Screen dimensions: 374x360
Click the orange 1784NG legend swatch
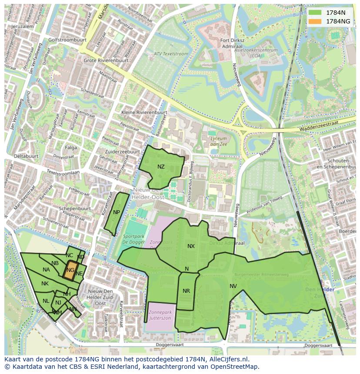(x=316, y=21)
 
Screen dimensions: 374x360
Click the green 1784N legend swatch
(x=316, y=13)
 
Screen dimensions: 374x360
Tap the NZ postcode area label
(x=161, y=167)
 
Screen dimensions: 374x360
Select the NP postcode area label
(x=116, y=212)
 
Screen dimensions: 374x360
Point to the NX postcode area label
(x=191, y=246)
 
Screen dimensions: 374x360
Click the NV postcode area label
(x=233, y=286)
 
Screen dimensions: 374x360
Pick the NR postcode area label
(x=186, y=291)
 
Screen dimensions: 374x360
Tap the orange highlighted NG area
(x=70, y=270)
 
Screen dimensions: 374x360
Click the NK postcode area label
(x=45, y=284)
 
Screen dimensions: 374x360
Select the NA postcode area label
(x=46, y=270)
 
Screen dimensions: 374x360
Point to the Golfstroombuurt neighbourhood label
(x=67, y=40)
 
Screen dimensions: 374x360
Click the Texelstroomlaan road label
(x=63, y=172)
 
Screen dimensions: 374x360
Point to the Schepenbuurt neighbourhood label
(x=75, y=209)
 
